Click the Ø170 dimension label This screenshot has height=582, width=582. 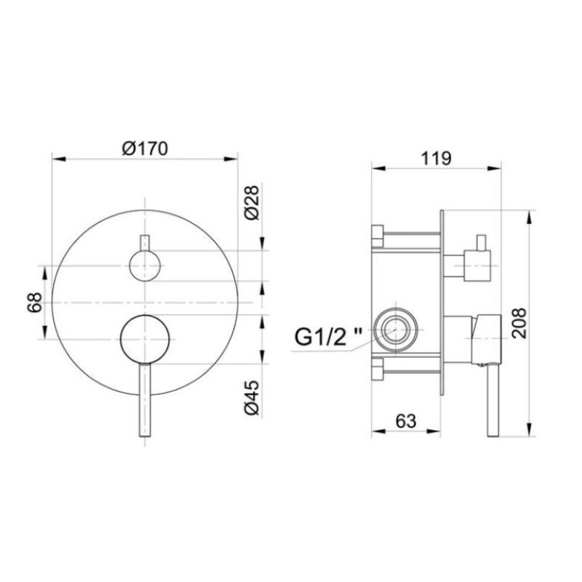tap(145, 148)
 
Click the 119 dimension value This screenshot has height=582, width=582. tap(437, 158)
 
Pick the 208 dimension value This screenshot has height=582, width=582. tap(518, 321)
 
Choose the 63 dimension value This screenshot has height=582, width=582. tap(407, 420)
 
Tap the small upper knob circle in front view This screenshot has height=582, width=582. tap(145, 266)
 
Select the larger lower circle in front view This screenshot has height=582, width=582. tap(145, 339)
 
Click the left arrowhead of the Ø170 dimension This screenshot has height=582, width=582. tap(55, 157)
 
